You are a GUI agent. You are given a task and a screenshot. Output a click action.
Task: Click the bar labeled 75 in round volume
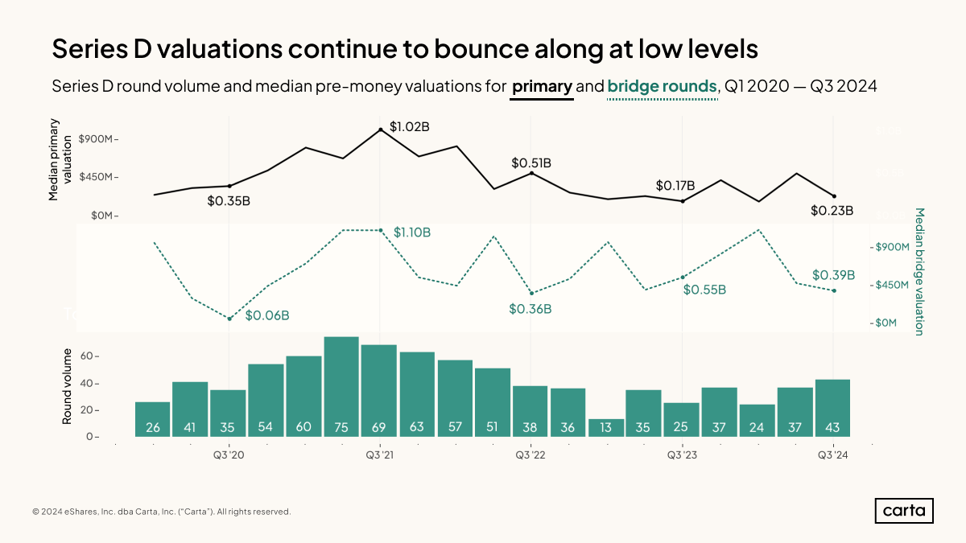[x=341, y=386]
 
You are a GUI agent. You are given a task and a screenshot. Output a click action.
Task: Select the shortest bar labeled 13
[x=606, y=427]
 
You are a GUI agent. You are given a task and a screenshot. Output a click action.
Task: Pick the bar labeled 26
[x=152, y=419]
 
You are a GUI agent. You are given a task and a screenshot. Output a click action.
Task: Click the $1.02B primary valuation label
[x=409, y=127]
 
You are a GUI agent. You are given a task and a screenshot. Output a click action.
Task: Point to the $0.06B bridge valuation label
[x=267, y=315]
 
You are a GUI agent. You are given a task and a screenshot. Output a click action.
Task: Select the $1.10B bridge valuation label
[x=412, y=232]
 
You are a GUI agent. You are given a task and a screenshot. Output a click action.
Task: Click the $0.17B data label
[x=675, y=186]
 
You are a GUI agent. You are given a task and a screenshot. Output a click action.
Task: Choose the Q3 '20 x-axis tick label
[x=229, y=455]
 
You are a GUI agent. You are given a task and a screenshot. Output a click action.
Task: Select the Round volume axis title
[x=68, y=387]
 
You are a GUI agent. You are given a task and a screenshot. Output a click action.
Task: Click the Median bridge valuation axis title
[x=919, y=271]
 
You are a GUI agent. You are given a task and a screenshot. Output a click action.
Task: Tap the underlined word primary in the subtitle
[x=542, y=86]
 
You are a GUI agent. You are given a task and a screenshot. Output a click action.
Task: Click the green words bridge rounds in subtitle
[x=662, y=86]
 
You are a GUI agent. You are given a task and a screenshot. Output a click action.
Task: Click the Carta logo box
[x=904, y=511]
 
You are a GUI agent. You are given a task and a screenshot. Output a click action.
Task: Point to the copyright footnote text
[x=162, y=512]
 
